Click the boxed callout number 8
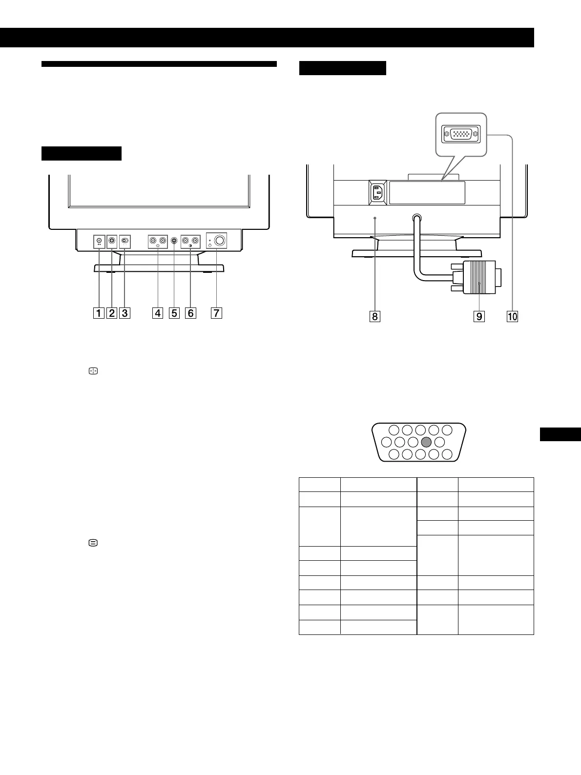(x=374, y=316)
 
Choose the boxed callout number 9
(x=479, y=316)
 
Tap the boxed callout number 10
(x=512, y=316)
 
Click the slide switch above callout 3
(x=125, y=241)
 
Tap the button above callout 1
(x=99, y=240)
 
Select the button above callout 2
(x=112, y=241)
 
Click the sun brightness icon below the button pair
(x=158, y=247)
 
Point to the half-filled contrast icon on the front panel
(x=190, y=247)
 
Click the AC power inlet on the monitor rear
(x=377, y=192)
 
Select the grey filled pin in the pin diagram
(x=426, y=442)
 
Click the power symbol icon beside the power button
(x=210, y=245)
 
